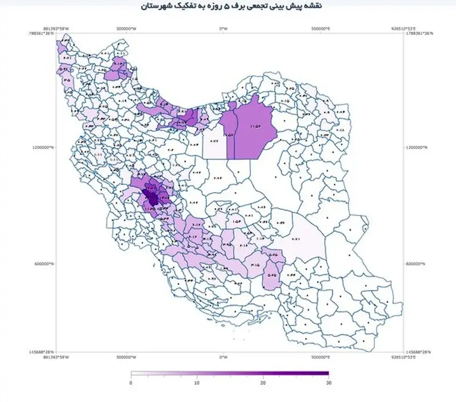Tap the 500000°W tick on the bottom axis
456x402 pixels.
pyautogui.click(x=125, y=358)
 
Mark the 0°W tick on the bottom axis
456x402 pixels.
pyautogui.click(x=223, y=358)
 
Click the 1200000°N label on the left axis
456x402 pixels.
pyautogui.click(x=44, y=147)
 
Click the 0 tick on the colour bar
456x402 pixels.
pyautogui.click(x=131, y=383)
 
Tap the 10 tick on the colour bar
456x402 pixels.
pyautogui.click(x=197, y=383)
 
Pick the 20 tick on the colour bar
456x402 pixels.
pyautogui.click(x=263, y=383)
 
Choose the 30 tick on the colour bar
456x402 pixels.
pyautogui.click(x=328, y=383)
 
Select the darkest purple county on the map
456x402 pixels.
pyautogui.click(x=152, y=197)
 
